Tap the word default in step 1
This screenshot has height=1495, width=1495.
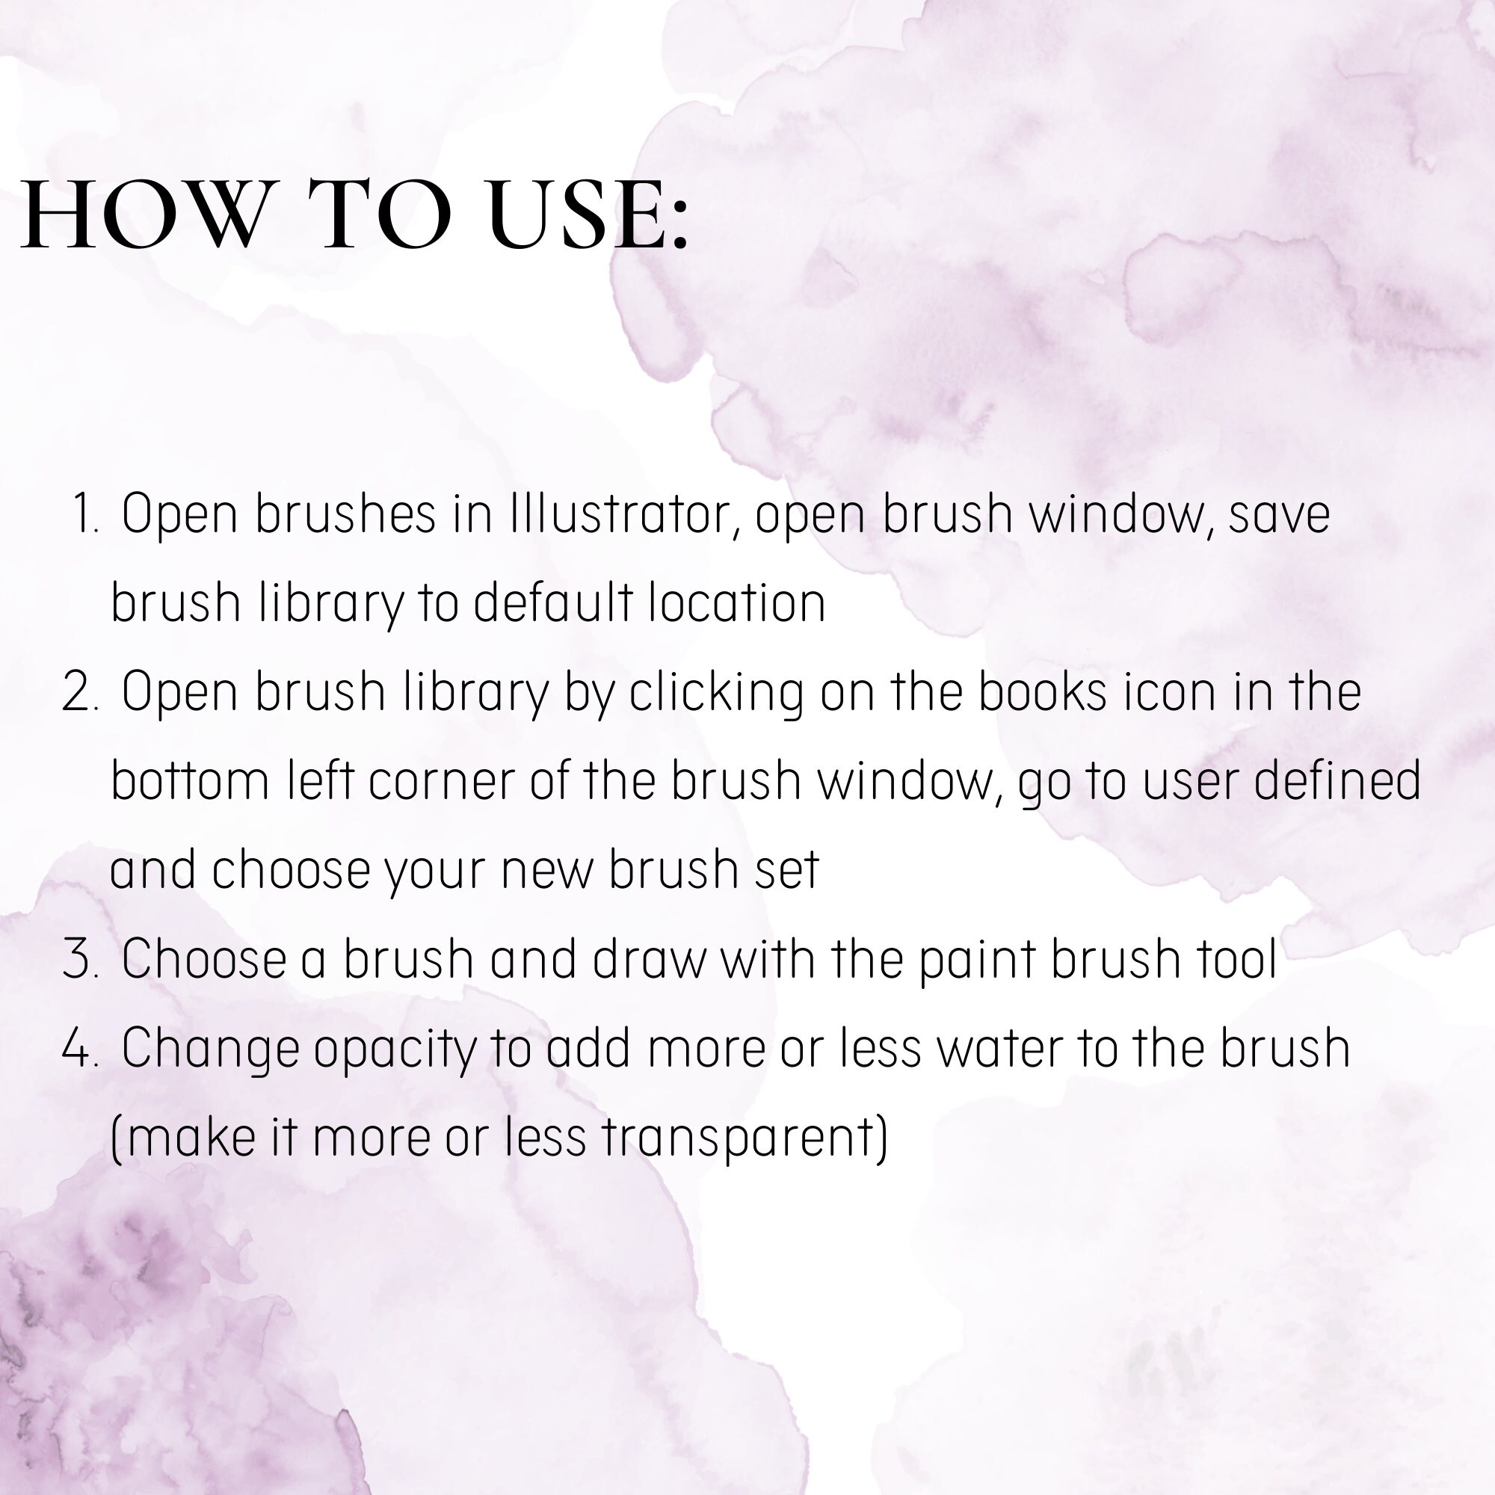pyautogui.click(x=553, y=603)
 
